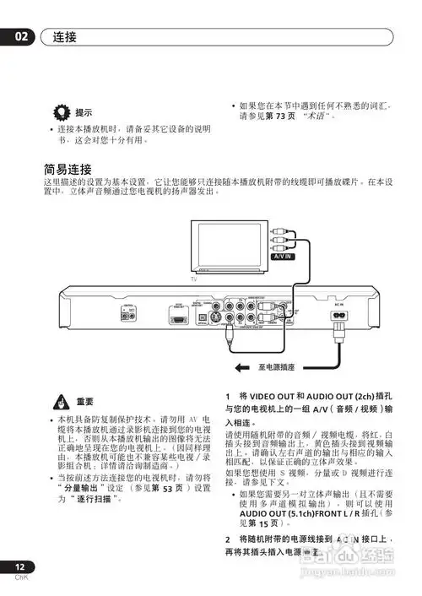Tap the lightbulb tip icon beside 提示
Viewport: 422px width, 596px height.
61,111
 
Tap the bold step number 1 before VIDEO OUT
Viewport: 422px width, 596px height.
228,396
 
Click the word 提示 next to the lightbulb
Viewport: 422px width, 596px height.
84,112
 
